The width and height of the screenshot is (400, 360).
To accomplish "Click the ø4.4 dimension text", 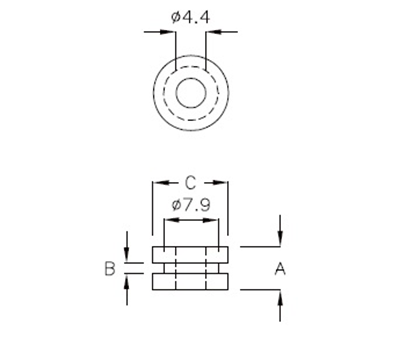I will point(190,15).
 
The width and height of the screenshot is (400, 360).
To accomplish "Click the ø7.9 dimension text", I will point(190,204).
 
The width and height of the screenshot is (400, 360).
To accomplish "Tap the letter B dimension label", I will point(109,268).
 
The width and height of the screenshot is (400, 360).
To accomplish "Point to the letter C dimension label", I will point(190,183).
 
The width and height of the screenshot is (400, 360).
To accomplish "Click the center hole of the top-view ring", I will point(190,94).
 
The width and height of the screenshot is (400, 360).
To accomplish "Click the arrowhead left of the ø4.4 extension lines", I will point(170,32).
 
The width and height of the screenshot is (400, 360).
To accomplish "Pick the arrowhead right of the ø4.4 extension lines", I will point(210,32).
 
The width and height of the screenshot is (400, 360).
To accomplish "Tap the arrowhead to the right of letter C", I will point(224,183).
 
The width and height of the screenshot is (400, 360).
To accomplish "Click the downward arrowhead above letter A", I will point(280,240).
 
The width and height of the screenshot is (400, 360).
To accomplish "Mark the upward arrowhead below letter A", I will point(280,296).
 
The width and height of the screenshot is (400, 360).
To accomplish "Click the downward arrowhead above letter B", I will point(128,257).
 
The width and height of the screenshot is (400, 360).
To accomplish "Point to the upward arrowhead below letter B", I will point(128,281).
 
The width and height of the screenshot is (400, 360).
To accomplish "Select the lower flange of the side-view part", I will point(190,282).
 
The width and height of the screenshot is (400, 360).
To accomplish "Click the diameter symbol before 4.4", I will point(176,15).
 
